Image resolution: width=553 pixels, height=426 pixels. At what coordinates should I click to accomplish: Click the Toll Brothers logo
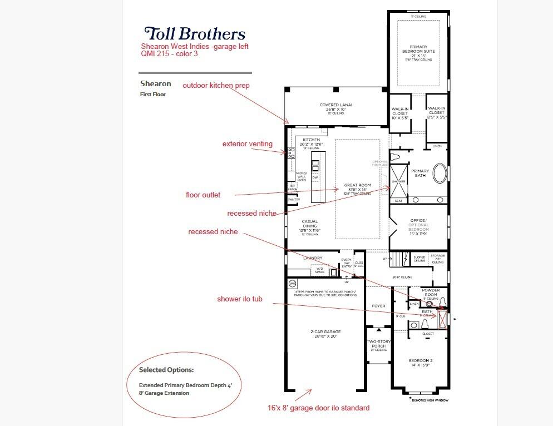point(194,34)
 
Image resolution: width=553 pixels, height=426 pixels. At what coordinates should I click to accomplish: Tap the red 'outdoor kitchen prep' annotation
point(216,86)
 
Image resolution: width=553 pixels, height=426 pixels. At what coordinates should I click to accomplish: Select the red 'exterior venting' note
point(248,144)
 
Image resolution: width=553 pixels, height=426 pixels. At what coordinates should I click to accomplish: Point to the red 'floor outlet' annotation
point(203,195)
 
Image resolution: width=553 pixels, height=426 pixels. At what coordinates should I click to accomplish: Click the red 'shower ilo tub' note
point(239,299)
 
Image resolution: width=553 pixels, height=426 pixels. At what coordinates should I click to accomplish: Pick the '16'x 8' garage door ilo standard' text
point(318,408)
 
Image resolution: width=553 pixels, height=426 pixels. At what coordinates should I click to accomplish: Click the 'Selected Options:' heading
point(166,370)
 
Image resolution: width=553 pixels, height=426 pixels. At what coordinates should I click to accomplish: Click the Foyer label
point(378,305)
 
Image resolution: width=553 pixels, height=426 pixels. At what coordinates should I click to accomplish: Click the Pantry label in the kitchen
point(294,199)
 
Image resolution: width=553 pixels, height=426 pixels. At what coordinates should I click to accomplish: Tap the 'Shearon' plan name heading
point(155,83)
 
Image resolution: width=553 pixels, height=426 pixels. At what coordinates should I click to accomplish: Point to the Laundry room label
point(313,258)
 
